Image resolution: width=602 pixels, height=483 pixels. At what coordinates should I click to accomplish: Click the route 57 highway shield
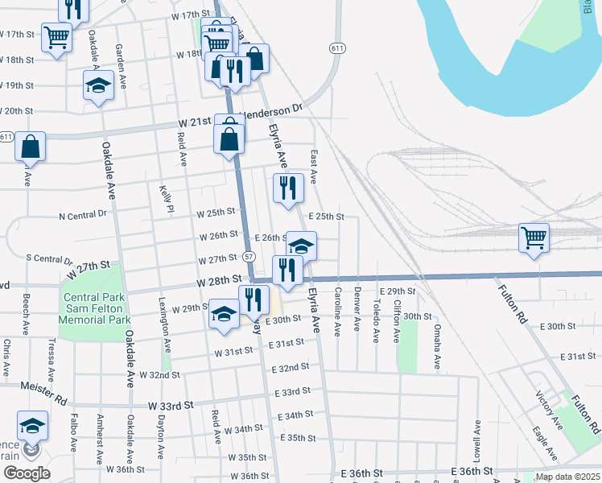tap(249, 256)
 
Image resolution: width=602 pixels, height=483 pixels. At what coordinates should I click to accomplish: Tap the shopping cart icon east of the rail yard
tap(534, 239)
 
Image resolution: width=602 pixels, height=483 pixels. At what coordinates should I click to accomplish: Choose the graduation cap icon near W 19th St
tap(99, 86)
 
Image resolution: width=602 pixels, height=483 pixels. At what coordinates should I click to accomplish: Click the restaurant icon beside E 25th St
tap(288, 189)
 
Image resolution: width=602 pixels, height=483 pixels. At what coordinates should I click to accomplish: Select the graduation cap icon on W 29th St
tap(224, 314)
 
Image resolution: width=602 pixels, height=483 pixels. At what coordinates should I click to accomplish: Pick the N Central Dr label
tap(83, 215)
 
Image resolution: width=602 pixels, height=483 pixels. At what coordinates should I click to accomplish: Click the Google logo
tap(27, 473)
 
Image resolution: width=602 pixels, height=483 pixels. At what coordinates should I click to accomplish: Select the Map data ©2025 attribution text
tap(567, 477)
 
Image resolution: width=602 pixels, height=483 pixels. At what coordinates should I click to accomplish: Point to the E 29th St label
tap(400, 291)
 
